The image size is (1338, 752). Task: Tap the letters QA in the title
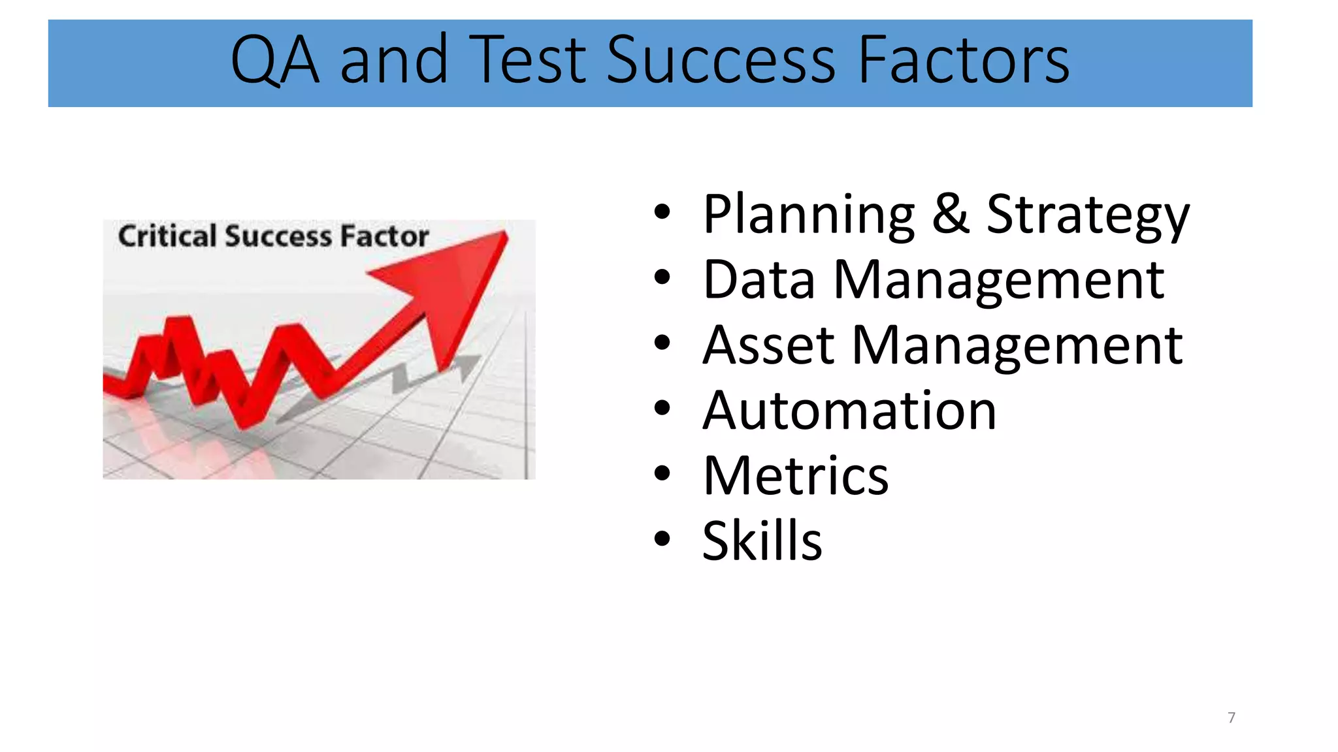tap(275, 61)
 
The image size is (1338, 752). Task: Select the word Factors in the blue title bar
tap(963, 61)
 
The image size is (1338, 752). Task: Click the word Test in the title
tap(528, 61)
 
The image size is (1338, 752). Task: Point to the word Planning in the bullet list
tap(809, 215)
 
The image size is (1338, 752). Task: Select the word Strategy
tap(1088, 215)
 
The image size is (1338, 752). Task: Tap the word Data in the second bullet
tap(759, 280)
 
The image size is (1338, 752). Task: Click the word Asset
tap(768, 345)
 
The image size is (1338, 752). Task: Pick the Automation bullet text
tap(849, 411)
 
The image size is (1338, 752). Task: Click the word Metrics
tap(796, 476)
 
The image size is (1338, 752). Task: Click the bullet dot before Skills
tap(662, 539)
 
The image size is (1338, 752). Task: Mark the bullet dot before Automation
tap(662, 409)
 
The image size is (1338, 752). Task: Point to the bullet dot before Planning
tap(662, 212)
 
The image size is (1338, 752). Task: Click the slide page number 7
tap(1232, 717)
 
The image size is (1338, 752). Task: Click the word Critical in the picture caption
tap(167, 236)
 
